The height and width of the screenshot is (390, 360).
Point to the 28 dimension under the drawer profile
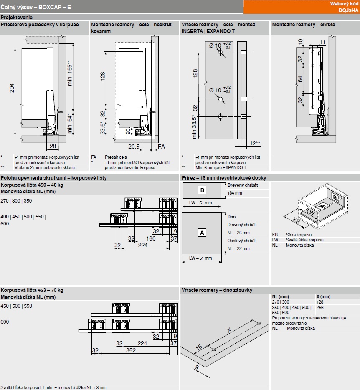point(53,146)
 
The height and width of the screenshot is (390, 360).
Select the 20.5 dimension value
point(134,147)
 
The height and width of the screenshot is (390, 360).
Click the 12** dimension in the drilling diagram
point(255,143)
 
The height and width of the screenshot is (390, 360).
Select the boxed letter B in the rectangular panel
point(202,190)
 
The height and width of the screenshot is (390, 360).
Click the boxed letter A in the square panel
point(202,233)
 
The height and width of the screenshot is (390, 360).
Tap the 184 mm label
point(235,193)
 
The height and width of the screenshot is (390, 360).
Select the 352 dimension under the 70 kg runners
point(131,351)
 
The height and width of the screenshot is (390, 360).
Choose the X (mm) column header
point(324,296)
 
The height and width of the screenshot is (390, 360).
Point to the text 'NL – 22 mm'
point(238,248)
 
